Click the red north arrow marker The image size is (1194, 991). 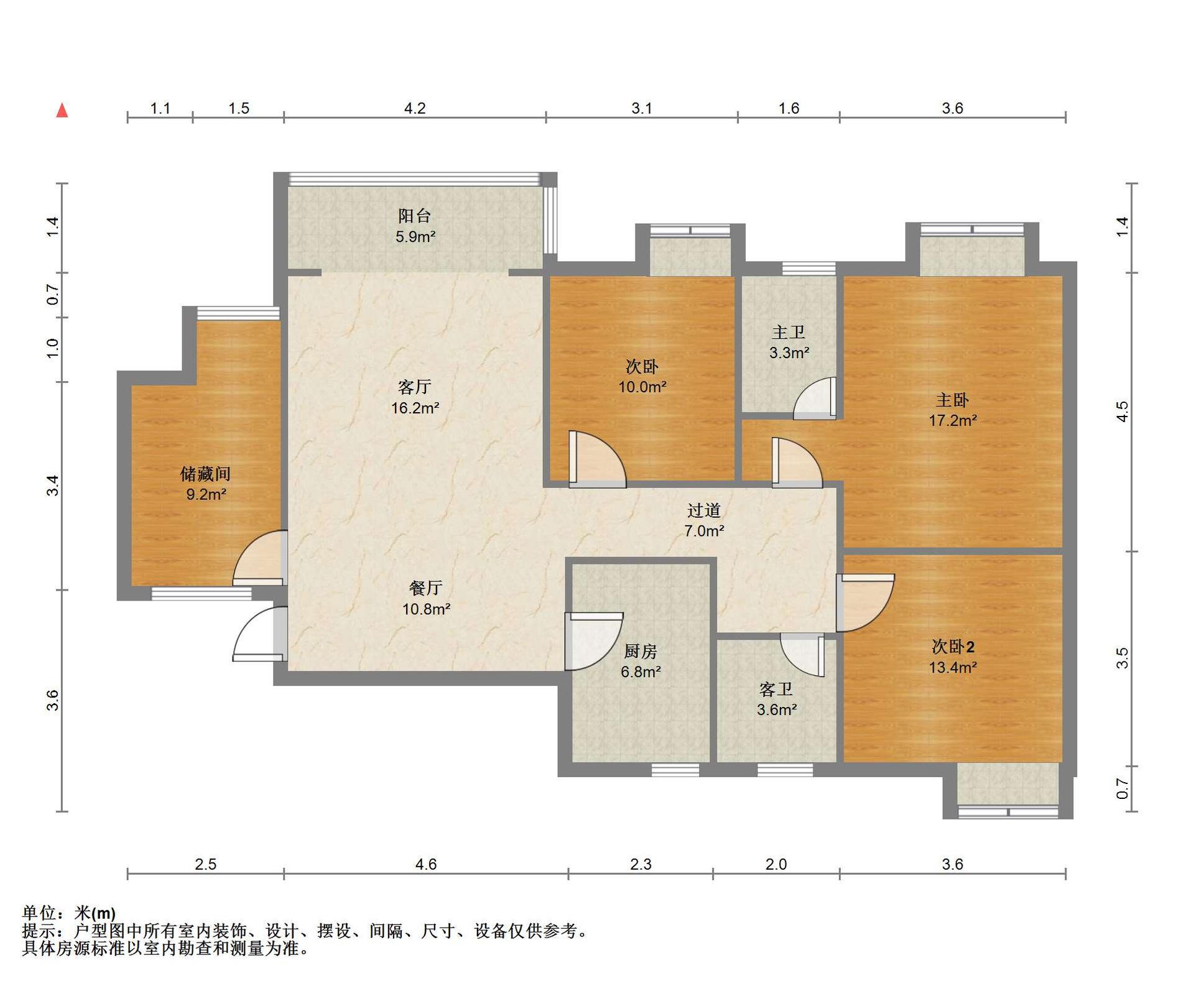point(62,111)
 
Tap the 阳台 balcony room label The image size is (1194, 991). point(415,216)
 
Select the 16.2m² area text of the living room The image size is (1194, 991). point(415,408)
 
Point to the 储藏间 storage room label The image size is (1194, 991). point(206,474)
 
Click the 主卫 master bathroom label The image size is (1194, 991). point(789,332)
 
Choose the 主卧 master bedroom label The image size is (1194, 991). point(953,400)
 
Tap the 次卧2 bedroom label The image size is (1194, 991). point(953,647)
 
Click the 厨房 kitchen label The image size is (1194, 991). point(641,651)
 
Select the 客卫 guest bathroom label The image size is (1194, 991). point(776,689)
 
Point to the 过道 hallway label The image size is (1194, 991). point(704,510)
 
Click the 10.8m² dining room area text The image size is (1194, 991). point(426,609)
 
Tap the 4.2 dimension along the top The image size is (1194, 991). point(415,108)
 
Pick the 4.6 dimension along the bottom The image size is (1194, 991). point(426,864)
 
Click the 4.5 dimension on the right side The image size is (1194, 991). point(1122,412)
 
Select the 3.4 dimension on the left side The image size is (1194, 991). point(53,485)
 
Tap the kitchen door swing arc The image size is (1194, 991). point(594,642)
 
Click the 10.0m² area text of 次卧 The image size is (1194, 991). point(642,387)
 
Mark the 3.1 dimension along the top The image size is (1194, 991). point(642,108)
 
